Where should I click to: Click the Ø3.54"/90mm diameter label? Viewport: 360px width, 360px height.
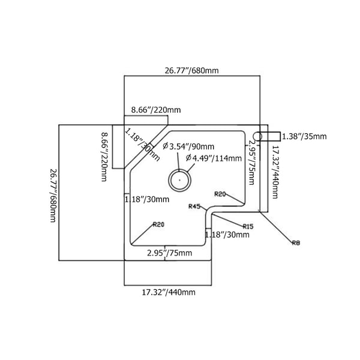click(192, 147)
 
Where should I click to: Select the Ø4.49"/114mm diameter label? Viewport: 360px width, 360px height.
click(214, 158)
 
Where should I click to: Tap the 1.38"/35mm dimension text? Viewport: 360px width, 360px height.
click(304, 137)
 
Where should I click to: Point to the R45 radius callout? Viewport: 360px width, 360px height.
click(194, 206)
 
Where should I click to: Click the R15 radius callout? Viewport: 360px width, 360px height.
click(248, 226)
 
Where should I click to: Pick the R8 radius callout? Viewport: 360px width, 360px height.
click(295, 242)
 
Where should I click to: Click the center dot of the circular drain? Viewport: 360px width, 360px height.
click(178, 178)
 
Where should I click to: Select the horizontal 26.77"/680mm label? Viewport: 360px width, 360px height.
click(191, 70)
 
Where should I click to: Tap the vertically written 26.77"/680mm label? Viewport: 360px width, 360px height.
click(52, 194)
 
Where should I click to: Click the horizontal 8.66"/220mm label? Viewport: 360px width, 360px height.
click(156, 110)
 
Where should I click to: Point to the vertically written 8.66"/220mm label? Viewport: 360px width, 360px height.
click(104, 158)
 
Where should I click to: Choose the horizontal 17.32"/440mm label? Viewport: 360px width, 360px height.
click(169, 293)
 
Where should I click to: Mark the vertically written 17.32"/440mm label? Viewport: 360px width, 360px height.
click(275, 172)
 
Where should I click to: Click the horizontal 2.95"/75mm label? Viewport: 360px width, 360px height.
click(170, 253)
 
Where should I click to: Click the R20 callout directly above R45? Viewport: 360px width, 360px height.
click(220, 194)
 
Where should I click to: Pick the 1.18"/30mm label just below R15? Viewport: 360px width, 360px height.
click(227, 235)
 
